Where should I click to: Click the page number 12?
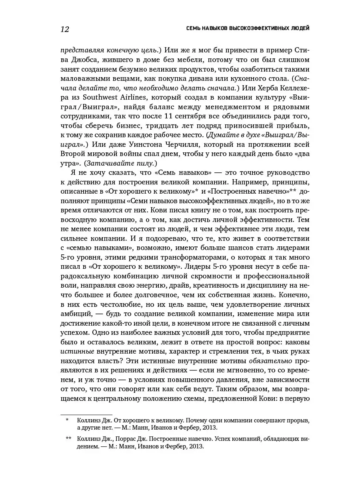point(64,29)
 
